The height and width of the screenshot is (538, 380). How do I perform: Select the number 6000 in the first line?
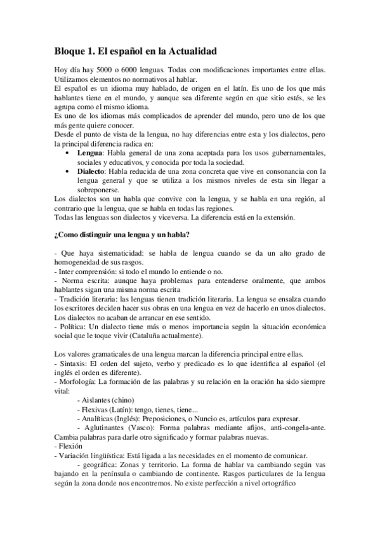[x=132, y=69]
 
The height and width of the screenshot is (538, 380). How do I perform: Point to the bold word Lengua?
[x=90, y=154]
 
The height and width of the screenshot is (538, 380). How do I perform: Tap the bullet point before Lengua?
[x=69, y=154]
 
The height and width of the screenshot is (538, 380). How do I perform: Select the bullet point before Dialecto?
[x=69, y=171]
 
